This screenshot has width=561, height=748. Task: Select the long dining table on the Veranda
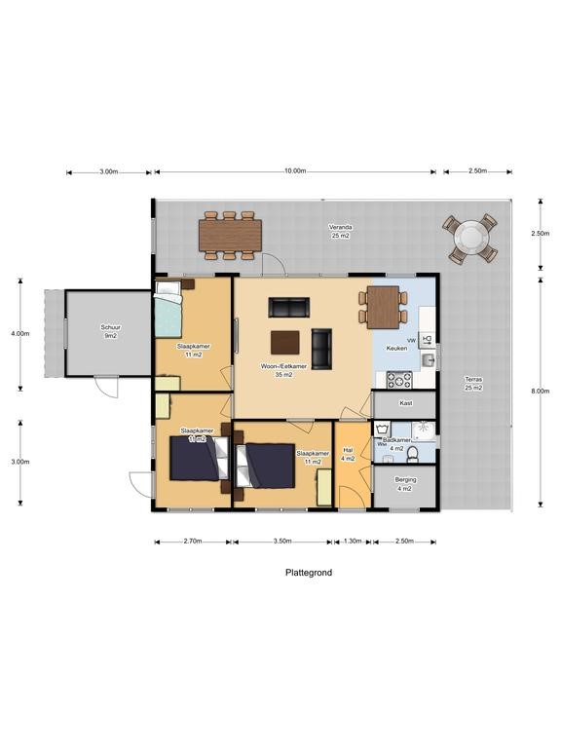230,235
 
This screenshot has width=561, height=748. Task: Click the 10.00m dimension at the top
295,172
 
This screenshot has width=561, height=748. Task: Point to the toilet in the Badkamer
413,454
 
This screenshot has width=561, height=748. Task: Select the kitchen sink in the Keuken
427,360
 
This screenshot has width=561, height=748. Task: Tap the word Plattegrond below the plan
308,573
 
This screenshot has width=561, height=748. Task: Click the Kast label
405,402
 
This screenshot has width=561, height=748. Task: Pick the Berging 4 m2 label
405,484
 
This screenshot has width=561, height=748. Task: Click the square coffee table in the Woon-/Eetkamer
286,342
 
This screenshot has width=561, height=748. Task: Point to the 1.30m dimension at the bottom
353,542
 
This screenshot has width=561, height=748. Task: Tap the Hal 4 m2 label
348,455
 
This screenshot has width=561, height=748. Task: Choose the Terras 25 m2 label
473,384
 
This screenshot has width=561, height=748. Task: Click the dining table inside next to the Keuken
386,306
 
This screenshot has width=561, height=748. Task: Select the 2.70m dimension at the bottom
192,542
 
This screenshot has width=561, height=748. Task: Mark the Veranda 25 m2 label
341,231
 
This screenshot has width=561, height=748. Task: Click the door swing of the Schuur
108,386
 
